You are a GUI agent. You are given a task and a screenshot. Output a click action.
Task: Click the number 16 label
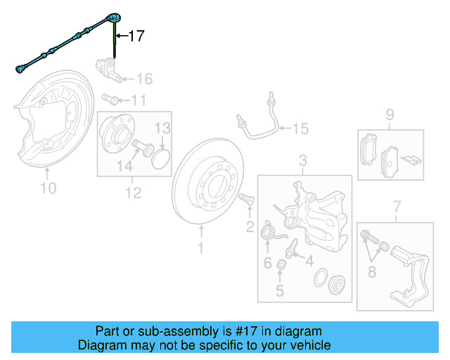click(x=143, y=78)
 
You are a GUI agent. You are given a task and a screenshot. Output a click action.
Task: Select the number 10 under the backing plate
click(x=48, y=188)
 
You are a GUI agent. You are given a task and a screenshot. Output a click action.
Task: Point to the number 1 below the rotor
click(x=200, y=248)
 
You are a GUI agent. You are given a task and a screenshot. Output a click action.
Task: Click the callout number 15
click(x=300, y=129)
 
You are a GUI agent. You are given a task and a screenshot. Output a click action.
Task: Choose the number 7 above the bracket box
click(x=397, y=206)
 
